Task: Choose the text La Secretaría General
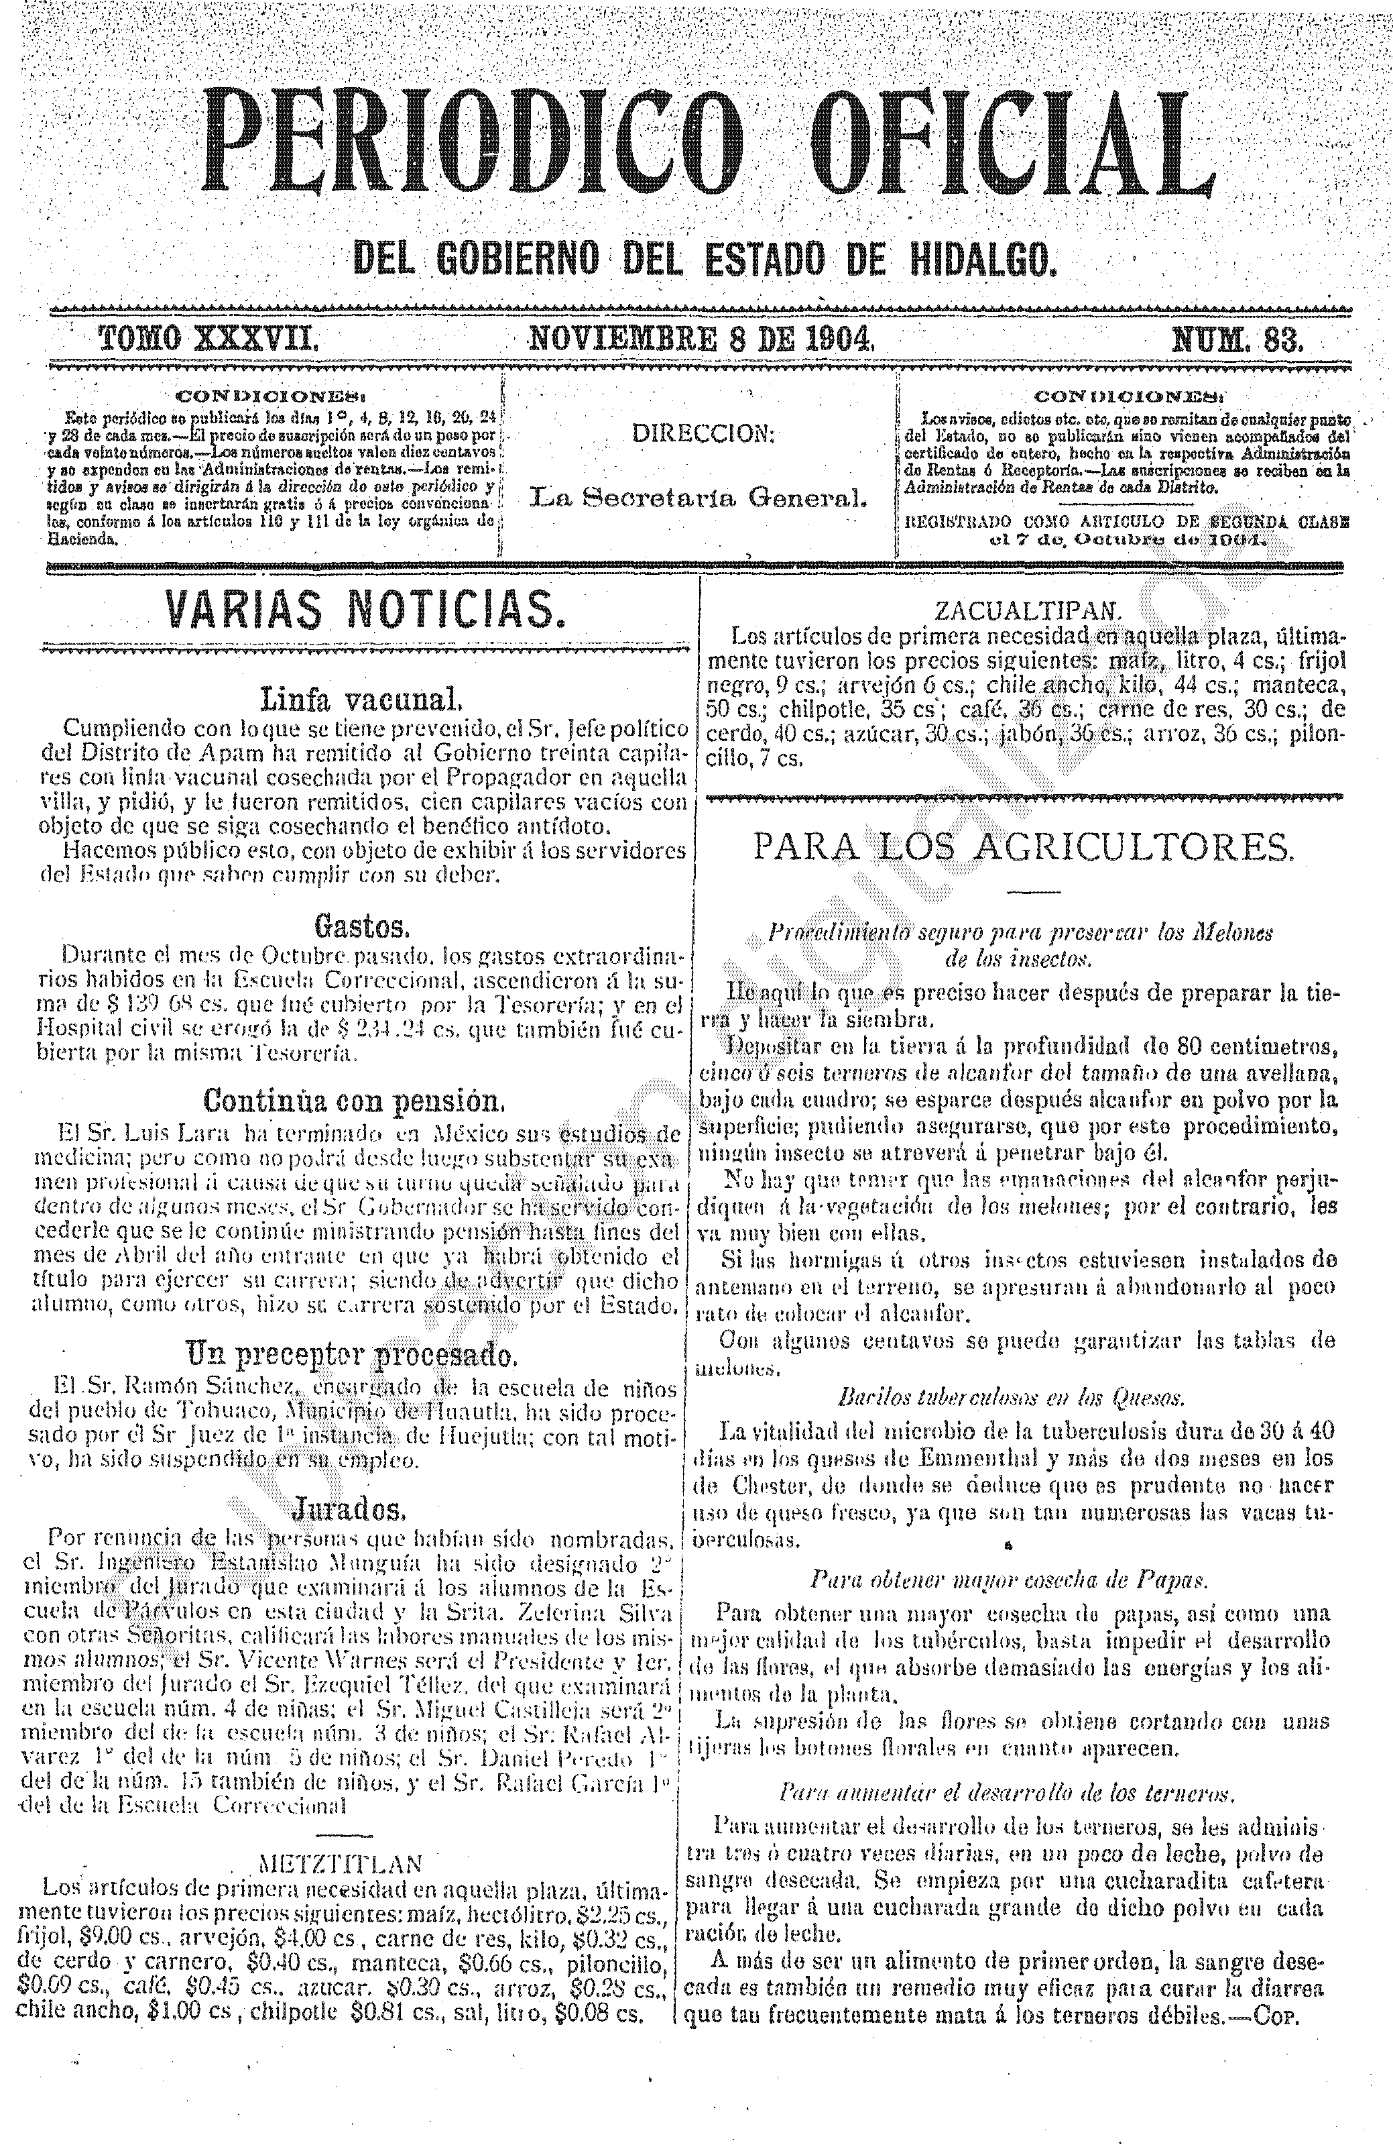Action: [699, 496]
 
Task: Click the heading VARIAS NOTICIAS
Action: [365, 611]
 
